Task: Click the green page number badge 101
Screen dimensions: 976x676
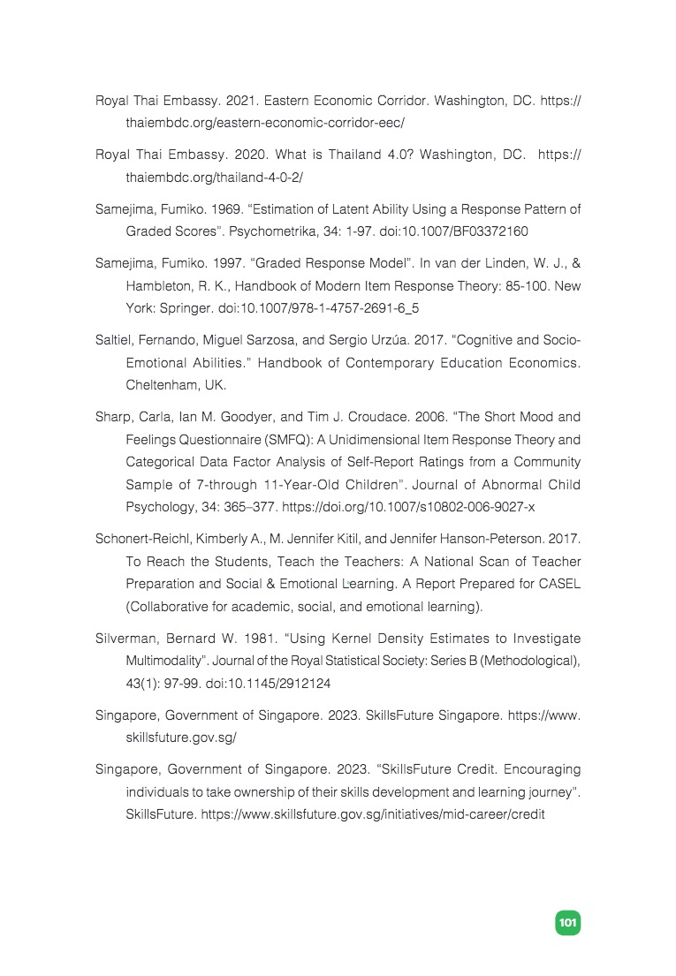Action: coord(566,923)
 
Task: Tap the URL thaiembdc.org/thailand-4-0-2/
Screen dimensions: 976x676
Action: coord(214,178)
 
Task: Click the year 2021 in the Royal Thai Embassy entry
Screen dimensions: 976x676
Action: coord(251,102)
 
